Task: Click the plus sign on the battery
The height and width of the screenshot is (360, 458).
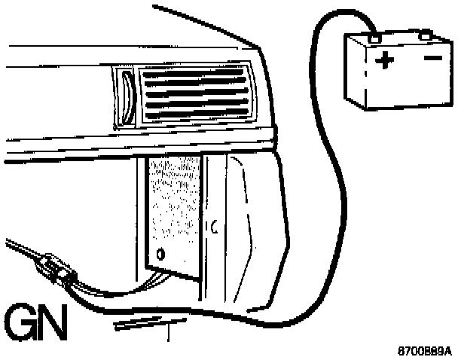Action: coord(385,61)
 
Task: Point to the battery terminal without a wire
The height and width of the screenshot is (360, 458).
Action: coord(425,33)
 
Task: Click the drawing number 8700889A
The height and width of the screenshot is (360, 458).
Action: coord(426,350)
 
